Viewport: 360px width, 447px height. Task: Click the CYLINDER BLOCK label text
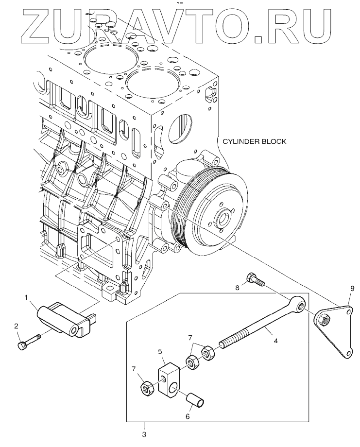pos(254,141)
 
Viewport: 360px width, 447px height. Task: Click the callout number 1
pos(26,298)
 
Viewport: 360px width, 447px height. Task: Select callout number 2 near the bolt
pos(17,326)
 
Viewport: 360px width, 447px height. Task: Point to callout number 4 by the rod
pos(275,341)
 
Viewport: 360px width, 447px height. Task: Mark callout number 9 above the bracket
pos(352,289)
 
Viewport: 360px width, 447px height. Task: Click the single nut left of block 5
pos(148,389)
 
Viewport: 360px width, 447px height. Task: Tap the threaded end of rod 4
pos(230,341)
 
